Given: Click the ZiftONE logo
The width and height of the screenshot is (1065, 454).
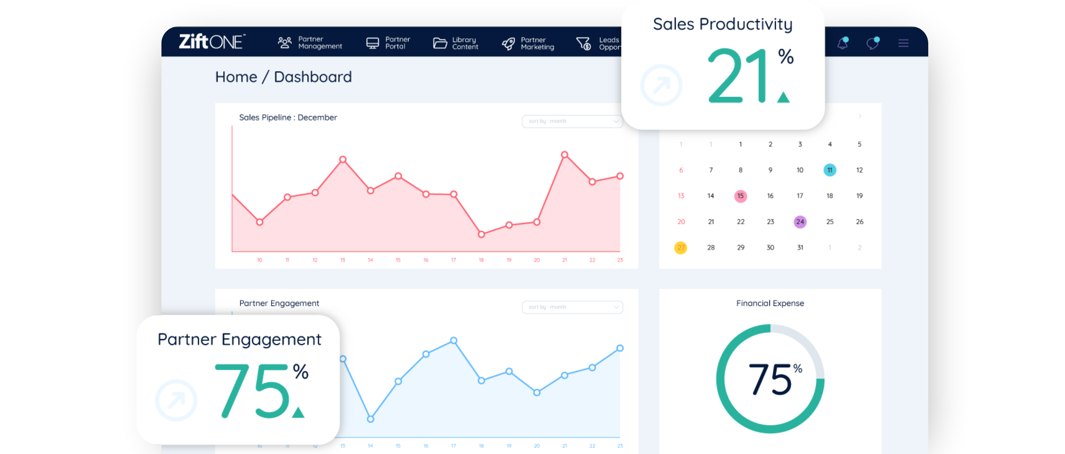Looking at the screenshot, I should pos(212,42).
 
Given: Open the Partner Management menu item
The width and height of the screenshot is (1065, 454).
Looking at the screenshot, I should pos(310,43).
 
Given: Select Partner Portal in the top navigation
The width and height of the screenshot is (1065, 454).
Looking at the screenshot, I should pos(388,43).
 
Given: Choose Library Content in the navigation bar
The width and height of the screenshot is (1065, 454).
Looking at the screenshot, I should pos(455,43).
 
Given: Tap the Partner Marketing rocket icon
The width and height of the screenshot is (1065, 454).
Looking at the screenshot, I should pos(508,43).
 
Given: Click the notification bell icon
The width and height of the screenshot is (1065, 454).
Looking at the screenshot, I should pos(843,43).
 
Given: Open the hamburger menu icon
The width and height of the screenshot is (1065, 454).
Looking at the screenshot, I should pos(904,43).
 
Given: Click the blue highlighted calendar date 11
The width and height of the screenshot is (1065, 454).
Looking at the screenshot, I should pos(830,170).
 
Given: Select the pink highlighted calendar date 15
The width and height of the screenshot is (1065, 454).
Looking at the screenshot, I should pos(740,196).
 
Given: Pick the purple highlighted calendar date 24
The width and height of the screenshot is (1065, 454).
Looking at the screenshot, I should pos(800,222).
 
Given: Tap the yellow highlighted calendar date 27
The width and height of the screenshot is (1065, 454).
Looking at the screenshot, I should pos(681,248).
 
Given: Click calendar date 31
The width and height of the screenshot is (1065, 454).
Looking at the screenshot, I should pos(800,248).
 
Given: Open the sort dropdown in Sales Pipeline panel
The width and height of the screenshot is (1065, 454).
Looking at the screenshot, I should pos(572,121).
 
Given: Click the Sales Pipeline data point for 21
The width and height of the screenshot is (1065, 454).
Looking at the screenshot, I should pos(564,155).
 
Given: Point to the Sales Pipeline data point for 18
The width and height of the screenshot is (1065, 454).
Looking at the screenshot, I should pos(481,234).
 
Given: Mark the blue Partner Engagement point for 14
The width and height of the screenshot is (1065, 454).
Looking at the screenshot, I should pos(371,419).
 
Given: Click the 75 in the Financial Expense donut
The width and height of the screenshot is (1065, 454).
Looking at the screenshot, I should pos(770,379).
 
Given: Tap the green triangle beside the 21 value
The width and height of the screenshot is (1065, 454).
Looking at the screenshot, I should pos(783,97).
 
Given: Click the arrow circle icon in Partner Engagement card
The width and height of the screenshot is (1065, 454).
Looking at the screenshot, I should pos(176,400).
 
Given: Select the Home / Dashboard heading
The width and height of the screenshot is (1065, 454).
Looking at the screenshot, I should pos(283,77).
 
